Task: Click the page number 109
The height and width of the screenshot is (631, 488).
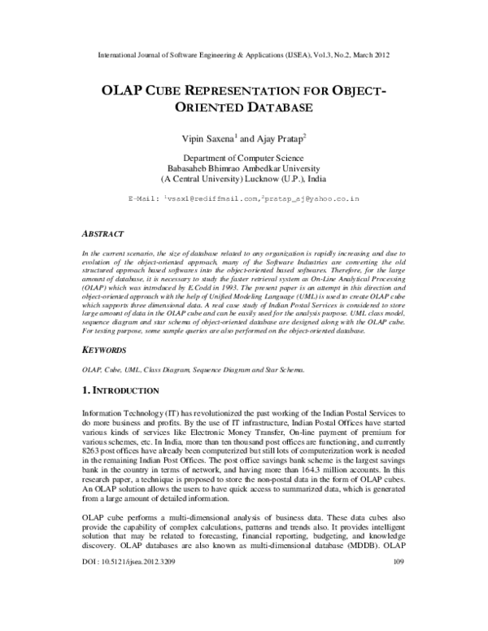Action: point(398,607)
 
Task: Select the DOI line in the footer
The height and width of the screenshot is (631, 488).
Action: point(129,607)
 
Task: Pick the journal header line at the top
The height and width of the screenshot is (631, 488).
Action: point(243,55)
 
